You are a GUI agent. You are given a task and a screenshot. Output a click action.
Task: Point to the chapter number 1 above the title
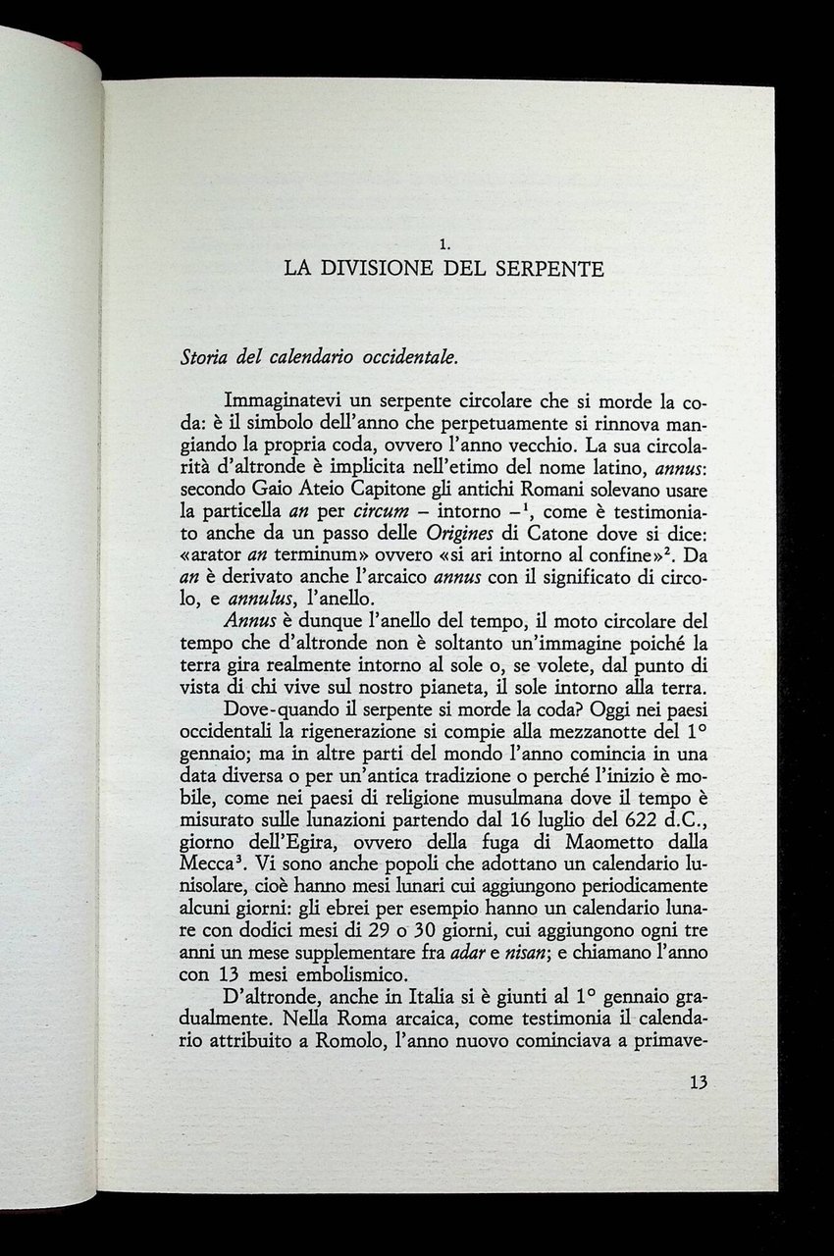pyautogui.click(x=444, y=240)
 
